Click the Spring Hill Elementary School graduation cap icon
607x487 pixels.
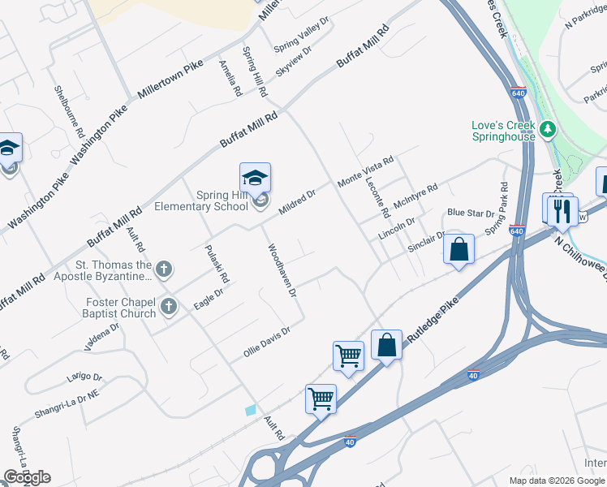(x=255, y=178)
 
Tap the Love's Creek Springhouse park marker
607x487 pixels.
(x=548, y=129)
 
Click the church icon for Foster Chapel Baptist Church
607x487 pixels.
(x=168, y=306)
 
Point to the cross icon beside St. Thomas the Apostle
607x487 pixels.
(x=164, y=268)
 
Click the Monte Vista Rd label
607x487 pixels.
(x=365, y=172)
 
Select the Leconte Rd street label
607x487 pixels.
(x=375, y=197)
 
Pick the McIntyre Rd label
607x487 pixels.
(x=415, y=197)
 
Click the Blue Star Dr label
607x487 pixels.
(x=471, y=213)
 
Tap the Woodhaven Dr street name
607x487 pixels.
(x=282, y=271)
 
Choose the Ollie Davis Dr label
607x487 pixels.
(x=266, y=342)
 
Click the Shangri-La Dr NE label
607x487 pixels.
(x=66, y=403)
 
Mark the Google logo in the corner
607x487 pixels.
(x=27, y=477)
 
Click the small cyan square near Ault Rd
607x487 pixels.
(x=251, y=411)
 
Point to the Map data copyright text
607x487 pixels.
(x=556, y=481)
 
